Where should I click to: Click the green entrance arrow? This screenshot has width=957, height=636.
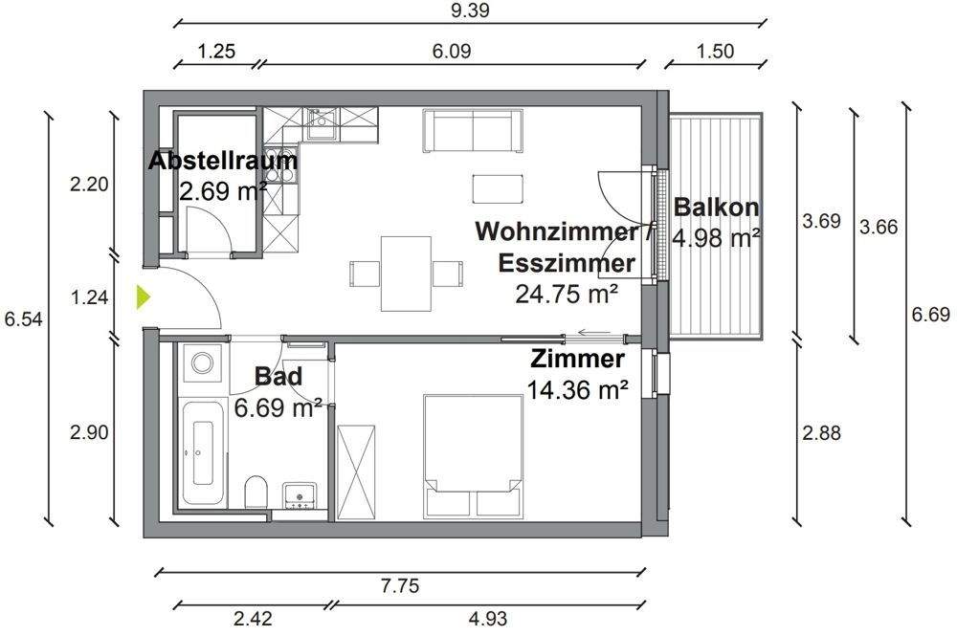click(143, 297)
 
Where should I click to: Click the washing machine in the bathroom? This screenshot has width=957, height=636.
click(202, 363)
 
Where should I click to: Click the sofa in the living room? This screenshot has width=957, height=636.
click(474, 130)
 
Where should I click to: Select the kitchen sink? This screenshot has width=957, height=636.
click(322, 121)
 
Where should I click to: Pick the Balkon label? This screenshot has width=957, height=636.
click(717, 207)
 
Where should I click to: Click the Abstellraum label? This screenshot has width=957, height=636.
click(223, 161)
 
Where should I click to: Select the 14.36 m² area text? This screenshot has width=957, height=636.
click(577, 389)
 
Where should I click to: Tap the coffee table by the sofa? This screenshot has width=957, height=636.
click(499, 187)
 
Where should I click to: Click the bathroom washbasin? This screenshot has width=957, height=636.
click(300, 494)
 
